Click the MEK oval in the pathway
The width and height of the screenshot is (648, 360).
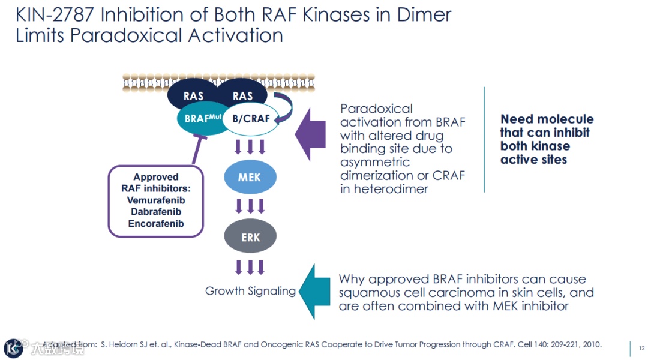[250, 178]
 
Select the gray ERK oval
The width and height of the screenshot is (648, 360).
[250, 237]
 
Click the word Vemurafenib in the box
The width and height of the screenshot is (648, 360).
[156, 200]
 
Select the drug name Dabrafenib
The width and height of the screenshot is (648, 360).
[156, 212]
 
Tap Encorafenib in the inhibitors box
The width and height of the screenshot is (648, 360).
[156, 224]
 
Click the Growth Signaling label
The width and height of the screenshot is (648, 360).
[250, 291]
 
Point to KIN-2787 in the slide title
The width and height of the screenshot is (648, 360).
[60, 14]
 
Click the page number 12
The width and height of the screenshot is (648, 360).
[641, 348]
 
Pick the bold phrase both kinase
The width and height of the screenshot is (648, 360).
[535, 146]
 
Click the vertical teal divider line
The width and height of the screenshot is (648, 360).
[484, 139]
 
